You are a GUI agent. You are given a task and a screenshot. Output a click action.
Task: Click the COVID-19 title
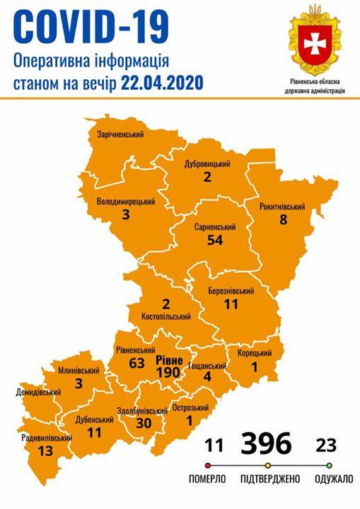92,28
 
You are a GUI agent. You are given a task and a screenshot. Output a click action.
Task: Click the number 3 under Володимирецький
125,215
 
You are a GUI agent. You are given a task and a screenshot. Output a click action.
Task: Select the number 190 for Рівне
170,371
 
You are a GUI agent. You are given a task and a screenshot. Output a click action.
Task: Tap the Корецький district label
254,353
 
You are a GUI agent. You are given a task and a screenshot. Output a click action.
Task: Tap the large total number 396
266,444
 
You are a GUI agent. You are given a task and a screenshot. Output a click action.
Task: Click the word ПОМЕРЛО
207,480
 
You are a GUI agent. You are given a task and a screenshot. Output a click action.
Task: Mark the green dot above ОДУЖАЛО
329,466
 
